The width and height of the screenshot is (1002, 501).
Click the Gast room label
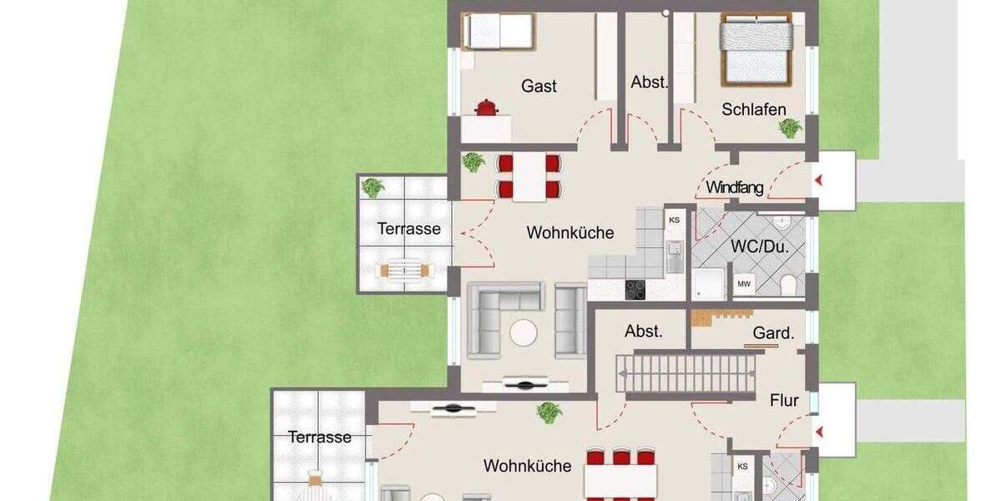[x=539, y=85]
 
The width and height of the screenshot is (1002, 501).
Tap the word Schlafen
[x=754, y=109]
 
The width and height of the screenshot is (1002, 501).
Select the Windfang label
[x=735, y=188]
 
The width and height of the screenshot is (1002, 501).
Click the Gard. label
[x=772, y=334]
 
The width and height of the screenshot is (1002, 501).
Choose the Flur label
[x=783, y=401]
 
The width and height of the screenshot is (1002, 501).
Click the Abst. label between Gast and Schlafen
[x=649, y=82]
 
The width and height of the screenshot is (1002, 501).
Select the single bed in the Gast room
[x=498, y=32]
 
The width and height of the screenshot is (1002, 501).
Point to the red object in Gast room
[x=484, y=107]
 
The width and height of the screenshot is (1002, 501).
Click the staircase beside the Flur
[x=689, y=372]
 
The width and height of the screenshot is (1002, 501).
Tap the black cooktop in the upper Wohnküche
[x=635, y=289]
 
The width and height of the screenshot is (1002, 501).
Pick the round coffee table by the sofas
[x=525, y=334]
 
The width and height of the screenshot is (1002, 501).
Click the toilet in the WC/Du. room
[x=785, y=286]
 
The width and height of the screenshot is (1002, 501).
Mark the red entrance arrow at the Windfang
[x=819, y=180]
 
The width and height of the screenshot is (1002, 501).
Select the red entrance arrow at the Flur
[x=819, y=431]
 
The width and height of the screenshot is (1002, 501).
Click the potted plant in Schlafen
[x=789, y=127]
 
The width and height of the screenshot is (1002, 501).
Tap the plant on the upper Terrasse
[x=372, y=188]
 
